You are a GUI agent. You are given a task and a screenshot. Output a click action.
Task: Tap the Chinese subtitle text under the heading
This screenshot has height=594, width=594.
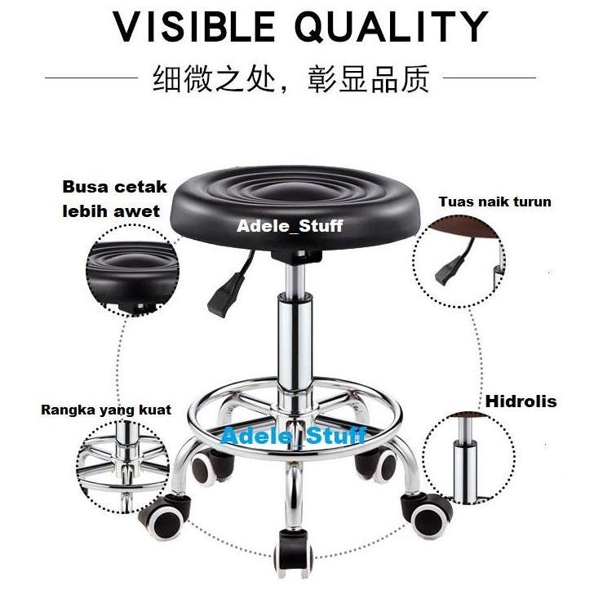[x=296, y=80]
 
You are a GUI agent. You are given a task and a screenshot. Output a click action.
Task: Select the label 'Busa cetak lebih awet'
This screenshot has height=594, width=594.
[x=113, y=199]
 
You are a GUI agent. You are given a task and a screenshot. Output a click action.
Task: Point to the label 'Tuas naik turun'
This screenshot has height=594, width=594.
[x=494, y=202]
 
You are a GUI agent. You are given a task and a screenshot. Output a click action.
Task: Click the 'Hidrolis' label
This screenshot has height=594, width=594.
[x=521, y=401]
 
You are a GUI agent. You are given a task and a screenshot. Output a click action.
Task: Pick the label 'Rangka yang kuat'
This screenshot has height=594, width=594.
[x=106, y=410]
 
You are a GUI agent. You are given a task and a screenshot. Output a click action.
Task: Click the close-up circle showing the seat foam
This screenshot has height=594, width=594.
[x=131, y=270]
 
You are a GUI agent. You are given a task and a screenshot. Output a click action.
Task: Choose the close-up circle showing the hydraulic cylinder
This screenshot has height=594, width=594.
[x=468, y=457]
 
